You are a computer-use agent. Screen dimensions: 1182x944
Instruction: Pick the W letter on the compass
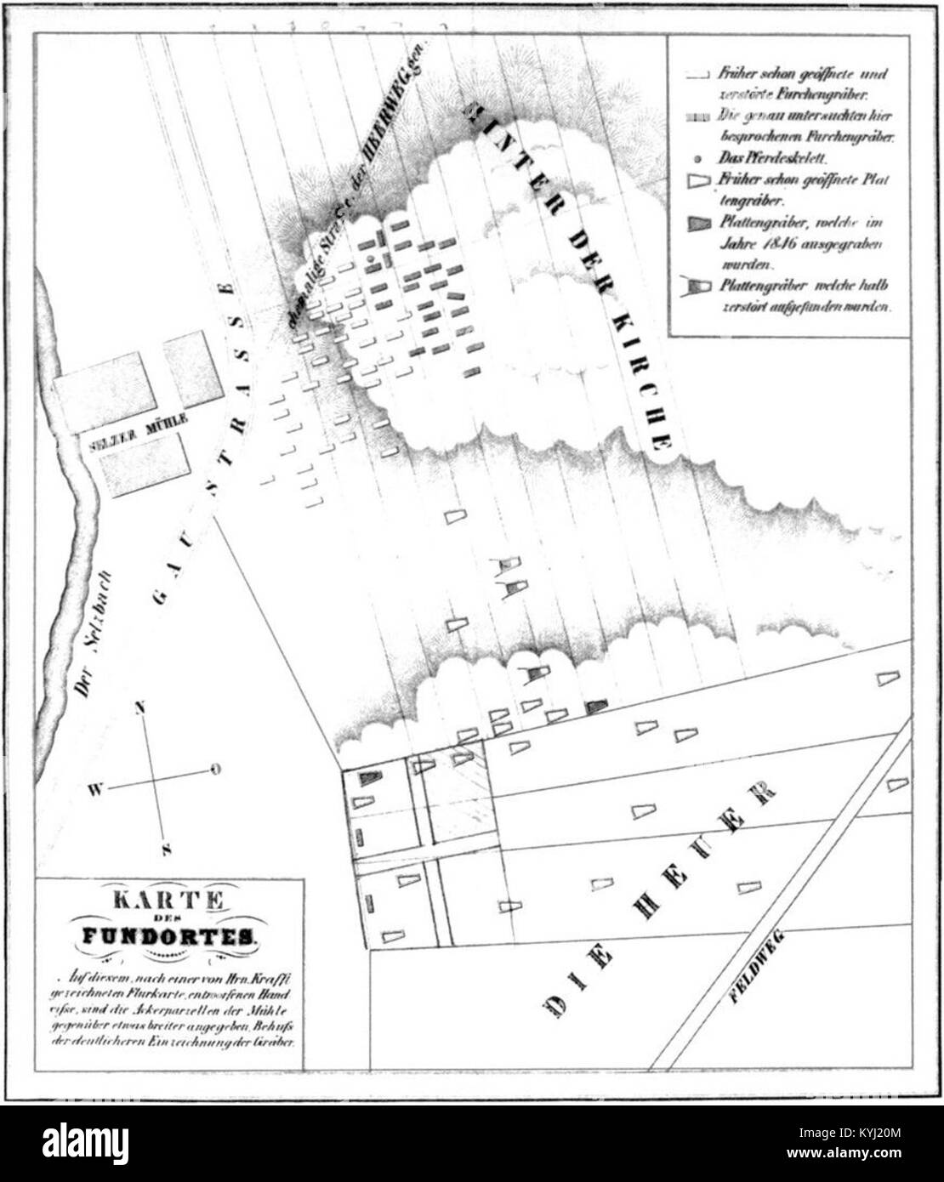click(94, 790)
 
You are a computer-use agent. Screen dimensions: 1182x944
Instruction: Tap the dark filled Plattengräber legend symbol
click(698, 223)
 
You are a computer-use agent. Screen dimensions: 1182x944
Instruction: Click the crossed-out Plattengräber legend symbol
click(697, 286)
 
